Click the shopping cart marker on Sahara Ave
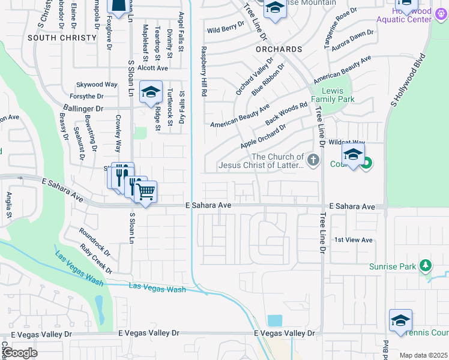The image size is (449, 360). [146, 192]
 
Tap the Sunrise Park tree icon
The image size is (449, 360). [426, 265]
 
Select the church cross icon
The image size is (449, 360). [313, 160]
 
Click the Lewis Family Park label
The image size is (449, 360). [333, 94]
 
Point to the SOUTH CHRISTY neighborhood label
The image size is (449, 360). [62, 37]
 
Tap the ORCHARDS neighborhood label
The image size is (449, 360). [278, 49]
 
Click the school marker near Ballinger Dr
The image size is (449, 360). [151, 92]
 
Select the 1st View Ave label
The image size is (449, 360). [354, 240]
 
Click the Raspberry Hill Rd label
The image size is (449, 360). [204, 72]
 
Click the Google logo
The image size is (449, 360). [19, 353]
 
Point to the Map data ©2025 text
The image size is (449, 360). [423, 355]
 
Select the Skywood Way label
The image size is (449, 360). [97, 85]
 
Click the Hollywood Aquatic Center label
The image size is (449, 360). [403, 15]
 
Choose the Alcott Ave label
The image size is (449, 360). [152, 68]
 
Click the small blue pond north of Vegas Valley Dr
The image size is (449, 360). [275, 320]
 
